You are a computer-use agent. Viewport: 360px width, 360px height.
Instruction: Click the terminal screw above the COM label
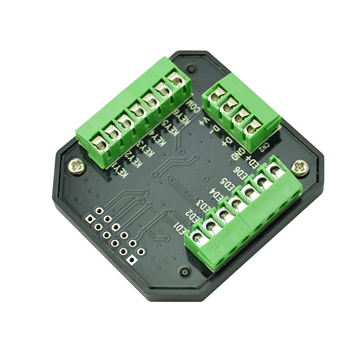(176, 80)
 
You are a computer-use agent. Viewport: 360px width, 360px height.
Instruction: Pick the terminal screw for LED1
(211, 226)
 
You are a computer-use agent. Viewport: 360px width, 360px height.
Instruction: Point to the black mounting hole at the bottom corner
(185, 272)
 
